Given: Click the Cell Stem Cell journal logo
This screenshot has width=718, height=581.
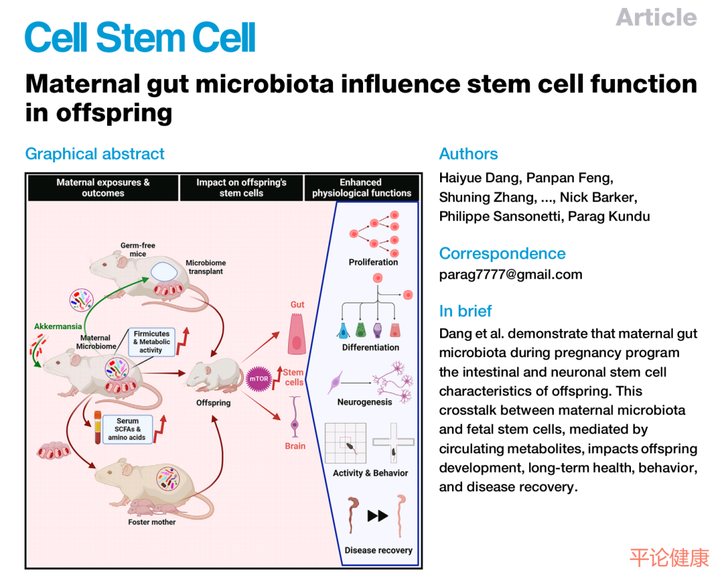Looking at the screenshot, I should (x=140, y=38).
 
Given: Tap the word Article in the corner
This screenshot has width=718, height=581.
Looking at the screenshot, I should (x=656, y=17).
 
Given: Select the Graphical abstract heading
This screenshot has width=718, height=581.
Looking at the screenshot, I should (x=94, y=154).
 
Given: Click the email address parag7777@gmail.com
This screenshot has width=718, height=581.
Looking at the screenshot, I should (x=511, y=275).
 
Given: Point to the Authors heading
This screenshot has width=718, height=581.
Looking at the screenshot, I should (x=468, y=154).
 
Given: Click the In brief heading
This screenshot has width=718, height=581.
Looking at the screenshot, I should (x=465, y=310).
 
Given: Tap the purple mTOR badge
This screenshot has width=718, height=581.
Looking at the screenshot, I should (x=258, y=378).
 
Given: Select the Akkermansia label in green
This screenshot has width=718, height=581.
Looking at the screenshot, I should (x=59, y=326).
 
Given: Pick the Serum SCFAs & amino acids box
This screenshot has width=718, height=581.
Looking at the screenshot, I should (x=127, y=429).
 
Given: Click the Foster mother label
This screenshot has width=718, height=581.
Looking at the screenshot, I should (x=152, y=522).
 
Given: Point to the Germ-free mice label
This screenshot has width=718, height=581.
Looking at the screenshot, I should (x=138, y=249).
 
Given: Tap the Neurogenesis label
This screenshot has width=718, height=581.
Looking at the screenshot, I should (x=364, y=402).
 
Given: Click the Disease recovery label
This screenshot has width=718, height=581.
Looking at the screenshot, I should (x=378, y=550).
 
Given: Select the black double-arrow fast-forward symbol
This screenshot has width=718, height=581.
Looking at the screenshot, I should (x=378, y=515).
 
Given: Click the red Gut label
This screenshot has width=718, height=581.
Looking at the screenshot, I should (x=297, y=304).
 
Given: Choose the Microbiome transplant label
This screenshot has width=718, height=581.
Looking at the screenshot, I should (x=205, y=267).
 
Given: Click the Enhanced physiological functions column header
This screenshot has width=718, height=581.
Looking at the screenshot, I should (x=362, y=187).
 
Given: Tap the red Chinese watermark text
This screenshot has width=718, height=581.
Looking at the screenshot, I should (x=669, y=557).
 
